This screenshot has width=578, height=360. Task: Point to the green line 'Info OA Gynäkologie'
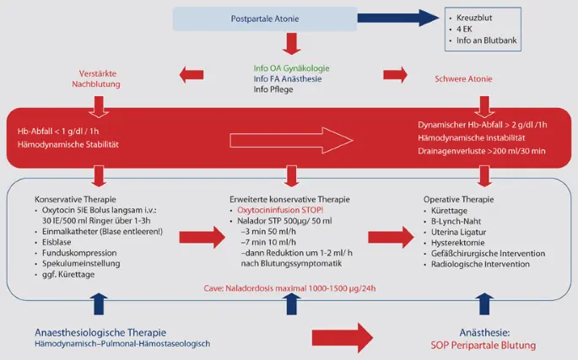coord(291,67)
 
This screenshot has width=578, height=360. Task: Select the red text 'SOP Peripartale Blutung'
coord(476,344)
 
